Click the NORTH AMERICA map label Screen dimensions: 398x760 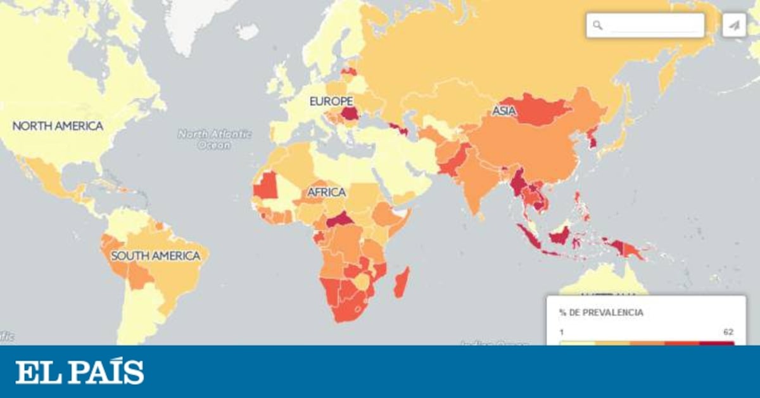pyautogui.click(x=58, y=126)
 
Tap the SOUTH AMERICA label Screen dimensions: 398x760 pyautogui.click(x=155, y=256)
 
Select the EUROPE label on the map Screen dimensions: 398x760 pyautogui.click(x=331, y=101)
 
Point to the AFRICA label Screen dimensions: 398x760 pyautogui.click(x=326, y=191)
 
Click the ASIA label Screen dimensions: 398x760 pyautogui.click(x=504, y=112)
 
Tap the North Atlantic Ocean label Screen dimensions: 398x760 pyautogui.click(x=214, y=139)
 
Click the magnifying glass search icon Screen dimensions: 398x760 pyautogui.click(x=597, y=25)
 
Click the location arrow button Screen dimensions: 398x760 pyautogui.click(x=734, y=25)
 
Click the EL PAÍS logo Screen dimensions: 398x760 pyautogui.click(x=80, y=372)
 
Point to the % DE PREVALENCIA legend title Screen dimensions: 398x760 pyautogui.click(x=601, y=312)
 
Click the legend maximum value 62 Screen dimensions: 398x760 pyautogui.click(x=728, y=331)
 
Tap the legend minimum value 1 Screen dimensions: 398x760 pyautogui.click(x=561, y=331)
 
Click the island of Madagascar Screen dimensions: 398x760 pyautogui.click(x=402, y=283)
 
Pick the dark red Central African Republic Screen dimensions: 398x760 pyautogui.click(x=339, y=220)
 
